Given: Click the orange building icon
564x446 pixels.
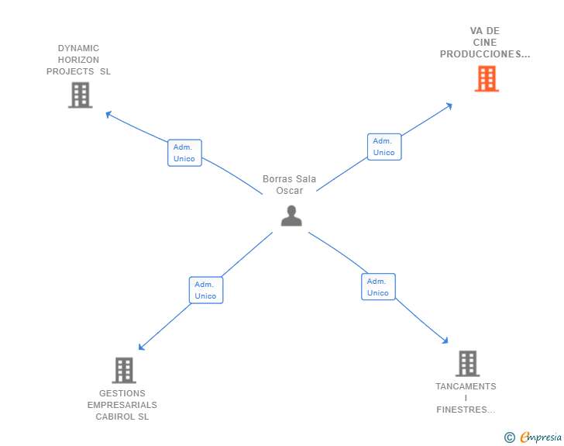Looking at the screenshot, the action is tap(487, 78).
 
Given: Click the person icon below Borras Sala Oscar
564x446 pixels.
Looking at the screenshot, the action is tap(291, 216).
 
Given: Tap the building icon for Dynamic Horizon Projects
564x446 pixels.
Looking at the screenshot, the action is tap(81, 95).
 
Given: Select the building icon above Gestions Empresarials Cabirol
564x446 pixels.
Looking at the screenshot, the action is tap(124, 370).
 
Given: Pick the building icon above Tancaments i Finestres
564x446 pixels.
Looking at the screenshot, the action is tap(468, 364).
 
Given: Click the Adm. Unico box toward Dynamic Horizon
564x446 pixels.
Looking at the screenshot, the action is tap(184, 153).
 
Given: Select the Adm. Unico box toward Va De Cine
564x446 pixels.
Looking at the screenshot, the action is tap(384, 147).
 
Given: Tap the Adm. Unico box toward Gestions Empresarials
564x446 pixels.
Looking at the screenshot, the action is tap(206, 290).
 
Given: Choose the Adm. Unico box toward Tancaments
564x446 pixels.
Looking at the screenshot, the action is tap(378, 287).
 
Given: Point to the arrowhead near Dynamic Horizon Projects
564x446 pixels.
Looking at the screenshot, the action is tap(108, 115).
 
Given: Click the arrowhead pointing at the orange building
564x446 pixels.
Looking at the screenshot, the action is tap(449, 106).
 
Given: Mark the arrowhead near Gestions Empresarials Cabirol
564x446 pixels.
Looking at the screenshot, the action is tap(142, 347).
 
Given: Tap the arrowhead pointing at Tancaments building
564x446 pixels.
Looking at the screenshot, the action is tap(445, 340).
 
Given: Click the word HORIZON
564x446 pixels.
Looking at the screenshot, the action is tap(78, 60).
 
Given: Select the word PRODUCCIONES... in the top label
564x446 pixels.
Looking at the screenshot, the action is tap(485, 54).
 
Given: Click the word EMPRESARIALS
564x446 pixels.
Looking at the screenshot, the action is tap(122, 405).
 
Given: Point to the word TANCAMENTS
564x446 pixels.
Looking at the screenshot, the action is tap(466, 386).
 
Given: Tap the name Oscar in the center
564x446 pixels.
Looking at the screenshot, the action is tap(290, 191).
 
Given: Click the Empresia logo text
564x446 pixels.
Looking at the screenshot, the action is tap(541, 437).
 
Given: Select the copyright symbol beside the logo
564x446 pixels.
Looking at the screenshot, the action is tap(509, 437).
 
